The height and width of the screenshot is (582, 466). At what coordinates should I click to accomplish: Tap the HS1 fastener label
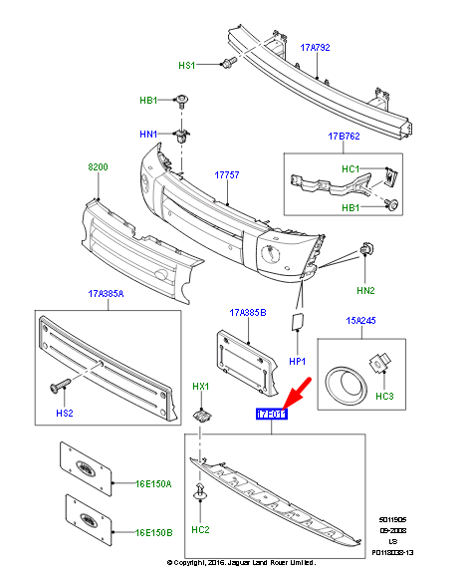[187, 65]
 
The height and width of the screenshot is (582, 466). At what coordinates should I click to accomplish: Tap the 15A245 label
[361, 320]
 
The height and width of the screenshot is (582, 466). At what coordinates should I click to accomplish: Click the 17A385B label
[247, 311]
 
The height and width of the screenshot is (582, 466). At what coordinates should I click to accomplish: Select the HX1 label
[200, 386]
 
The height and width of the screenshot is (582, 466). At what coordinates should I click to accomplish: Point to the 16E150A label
[153, 483]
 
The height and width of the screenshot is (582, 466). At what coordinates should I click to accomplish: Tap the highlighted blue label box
[272, 415]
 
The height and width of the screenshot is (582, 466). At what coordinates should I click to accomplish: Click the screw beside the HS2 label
[58, 384]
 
